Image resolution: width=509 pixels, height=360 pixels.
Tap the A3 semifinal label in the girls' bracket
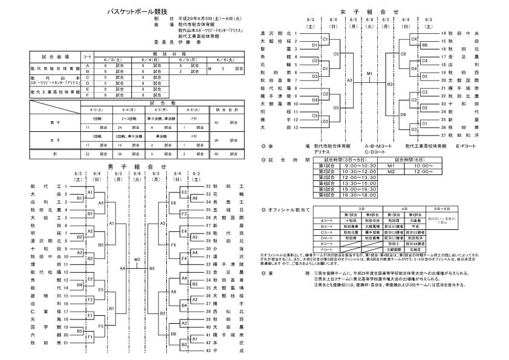click(349, 79)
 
